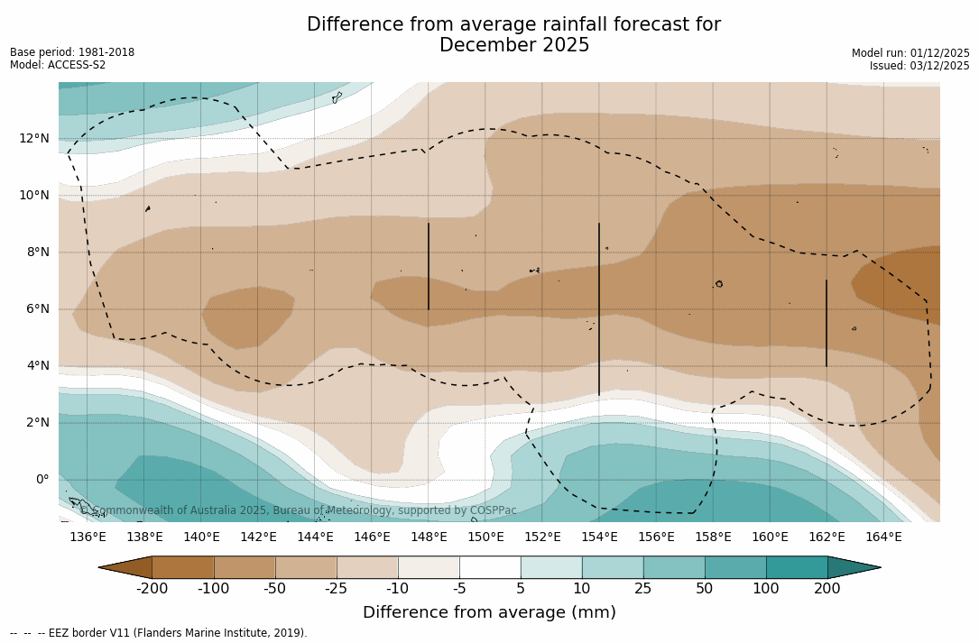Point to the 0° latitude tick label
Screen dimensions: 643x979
click(x=42, y=479)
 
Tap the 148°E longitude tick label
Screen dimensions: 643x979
click(x=429, y=537)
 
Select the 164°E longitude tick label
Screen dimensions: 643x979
click(x=883, y=537)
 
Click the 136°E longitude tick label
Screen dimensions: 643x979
click(x=88, y=537)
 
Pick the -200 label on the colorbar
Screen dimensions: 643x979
click(x=152, y=589)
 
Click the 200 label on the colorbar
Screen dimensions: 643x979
click(x=827, y=589)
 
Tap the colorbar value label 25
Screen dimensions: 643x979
click(x=643, y=589)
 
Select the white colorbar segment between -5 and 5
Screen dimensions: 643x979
click(x=490, y=567)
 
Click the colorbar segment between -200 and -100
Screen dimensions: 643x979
click(x=183, y=567)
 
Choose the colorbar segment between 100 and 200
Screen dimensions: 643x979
click(x=797, y=567)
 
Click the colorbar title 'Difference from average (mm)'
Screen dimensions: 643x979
click(x=489, y=612)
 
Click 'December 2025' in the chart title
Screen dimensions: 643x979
click(x=514, y=45)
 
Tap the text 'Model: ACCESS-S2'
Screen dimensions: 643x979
click(x=58, y=65)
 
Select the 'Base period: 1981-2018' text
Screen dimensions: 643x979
click(x=72, y=52)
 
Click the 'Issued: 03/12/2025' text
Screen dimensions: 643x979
click(x=919, y=66)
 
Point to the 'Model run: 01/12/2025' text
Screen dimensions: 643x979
click(x=910, y=53)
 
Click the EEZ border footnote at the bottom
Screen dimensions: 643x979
click(x=158, y=633)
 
